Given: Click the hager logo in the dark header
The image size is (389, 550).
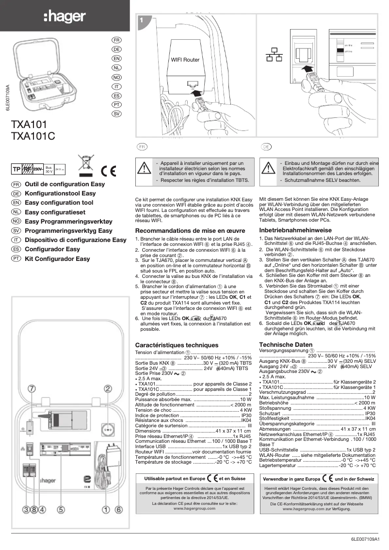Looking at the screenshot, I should coord(65,16).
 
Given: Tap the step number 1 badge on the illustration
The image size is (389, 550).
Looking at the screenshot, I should coord(141,20).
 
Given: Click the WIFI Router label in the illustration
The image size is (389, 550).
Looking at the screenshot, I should coord(185,60).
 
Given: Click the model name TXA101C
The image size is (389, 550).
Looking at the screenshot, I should coord(33,136).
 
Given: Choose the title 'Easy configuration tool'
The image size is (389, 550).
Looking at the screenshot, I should coord(59,203).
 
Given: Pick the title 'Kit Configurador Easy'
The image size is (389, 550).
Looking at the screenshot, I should coord(57,259).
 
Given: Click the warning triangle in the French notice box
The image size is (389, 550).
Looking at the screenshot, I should coord(144,168).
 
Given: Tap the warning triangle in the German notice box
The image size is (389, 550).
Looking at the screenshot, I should coord(268,168).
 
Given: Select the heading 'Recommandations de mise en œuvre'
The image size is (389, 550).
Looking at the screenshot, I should coord(190,231).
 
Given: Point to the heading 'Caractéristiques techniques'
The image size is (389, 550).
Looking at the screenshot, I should coord(177,345).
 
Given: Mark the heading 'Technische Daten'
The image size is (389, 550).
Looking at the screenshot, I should coord(286,344).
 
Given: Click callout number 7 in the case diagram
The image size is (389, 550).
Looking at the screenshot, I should coord(32,389).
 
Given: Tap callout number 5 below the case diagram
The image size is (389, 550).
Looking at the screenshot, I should coord(61,509).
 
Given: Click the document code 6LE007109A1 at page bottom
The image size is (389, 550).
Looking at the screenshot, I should coord(367,539).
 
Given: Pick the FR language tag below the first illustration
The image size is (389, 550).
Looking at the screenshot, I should coord(141,146).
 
